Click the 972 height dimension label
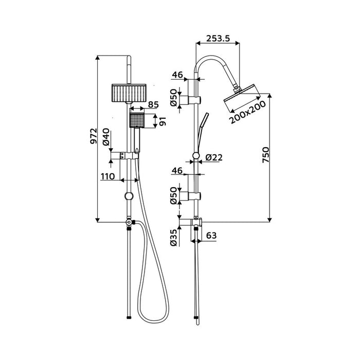[94, 136]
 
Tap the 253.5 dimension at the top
[218, 39]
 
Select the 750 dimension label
[265, 155]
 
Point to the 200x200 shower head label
[248, 112]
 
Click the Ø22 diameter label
[214, 158]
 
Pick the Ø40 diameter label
[106, 137]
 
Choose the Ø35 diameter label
[174, 238]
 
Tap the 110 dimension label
[107, 176]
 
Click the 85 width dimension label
[153, 104]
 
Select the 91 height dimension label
[163, 121]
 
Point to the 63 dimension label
[211, 236]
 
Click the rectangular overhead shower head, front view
[129, 93]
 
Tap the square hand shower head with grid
[137, 120]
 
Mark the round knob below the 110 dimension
[129, 196]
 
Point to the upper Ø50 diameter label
[174, 97]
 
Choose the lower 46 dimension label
[177, 171]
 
